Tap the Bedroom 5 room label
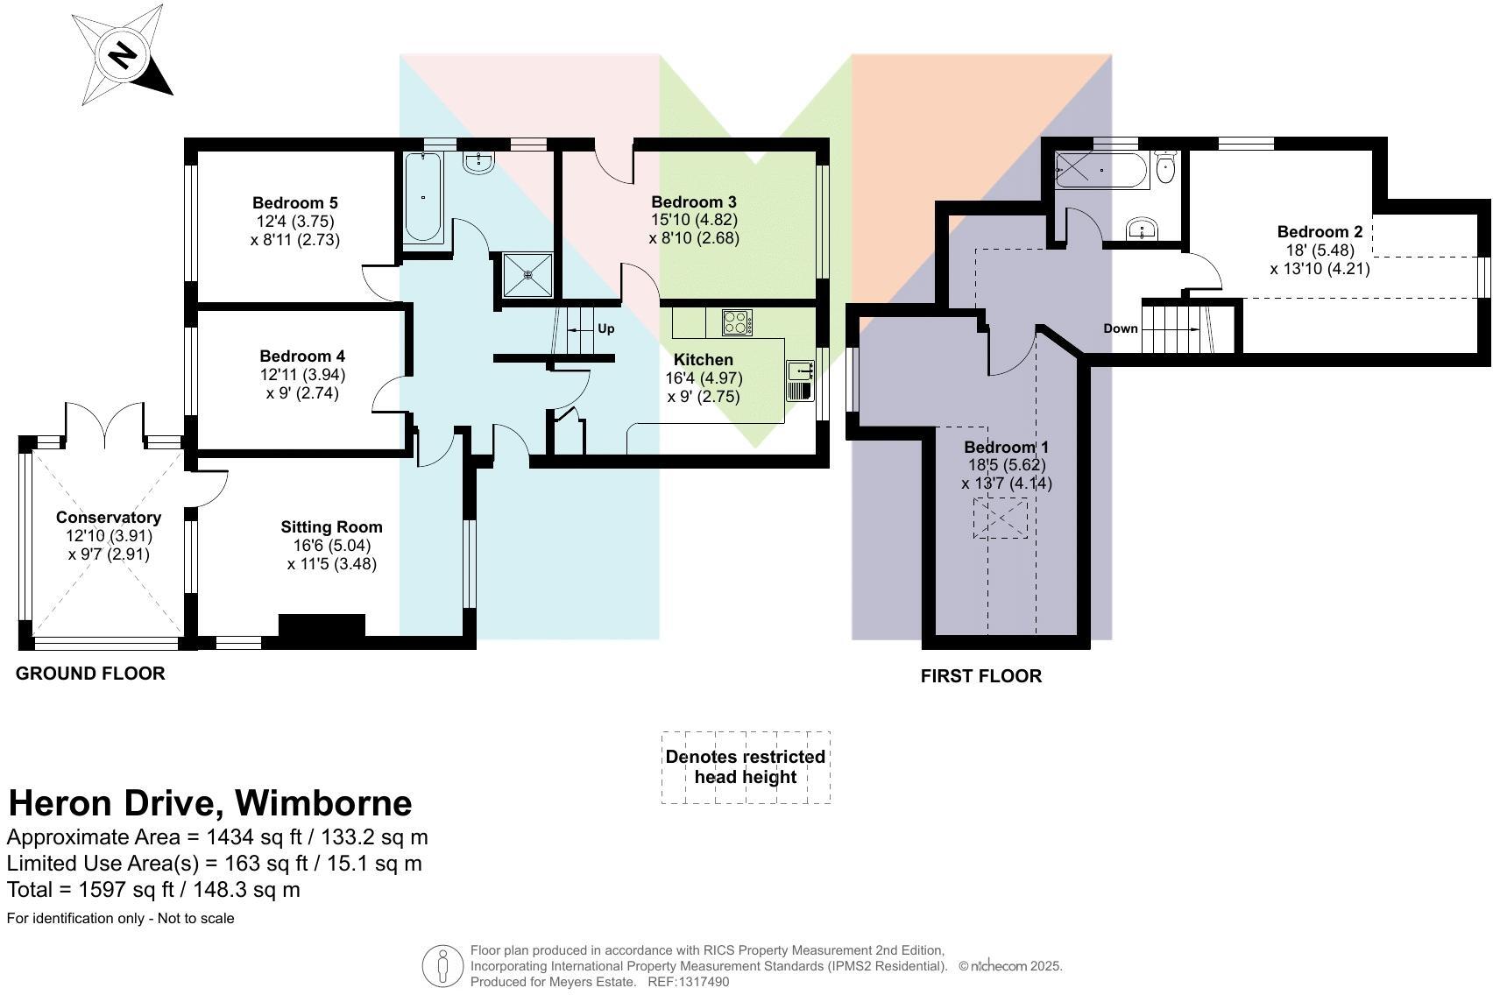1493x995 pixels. coord(294,202)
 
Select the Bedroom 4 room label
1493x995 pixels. coord(302,356)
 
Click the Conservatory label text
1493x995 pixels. coord(109,517)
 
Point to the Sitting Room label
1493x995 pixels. coord(331,526)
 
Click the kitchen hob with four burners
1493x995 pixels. coord(738,322)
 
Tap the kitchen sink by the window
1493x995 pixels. coord(801,380)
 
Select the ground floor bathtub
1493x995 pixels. coord(423,198)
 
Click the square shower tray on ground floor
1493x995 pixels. coord(528,275)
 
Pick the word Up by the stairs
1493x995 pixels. coord(605,328)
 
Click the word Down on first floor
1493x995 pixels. coord(1120,328)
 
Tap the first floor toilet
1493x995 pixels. coord(1164,168)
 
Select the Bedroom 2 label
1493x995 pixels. coord(1320,231)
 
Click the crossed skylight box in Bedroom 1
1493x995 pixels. coord(1000,518)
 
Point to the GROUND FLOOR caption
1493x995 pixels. coord(90,673)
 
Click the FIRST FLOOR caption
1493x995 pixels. coord(980,676)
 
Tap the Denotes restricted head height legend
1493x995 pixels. coord(745,766)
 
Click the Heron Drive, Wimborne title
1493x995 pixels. coord(209,802)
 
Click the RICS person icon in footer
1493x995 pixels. coord(442,966)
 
